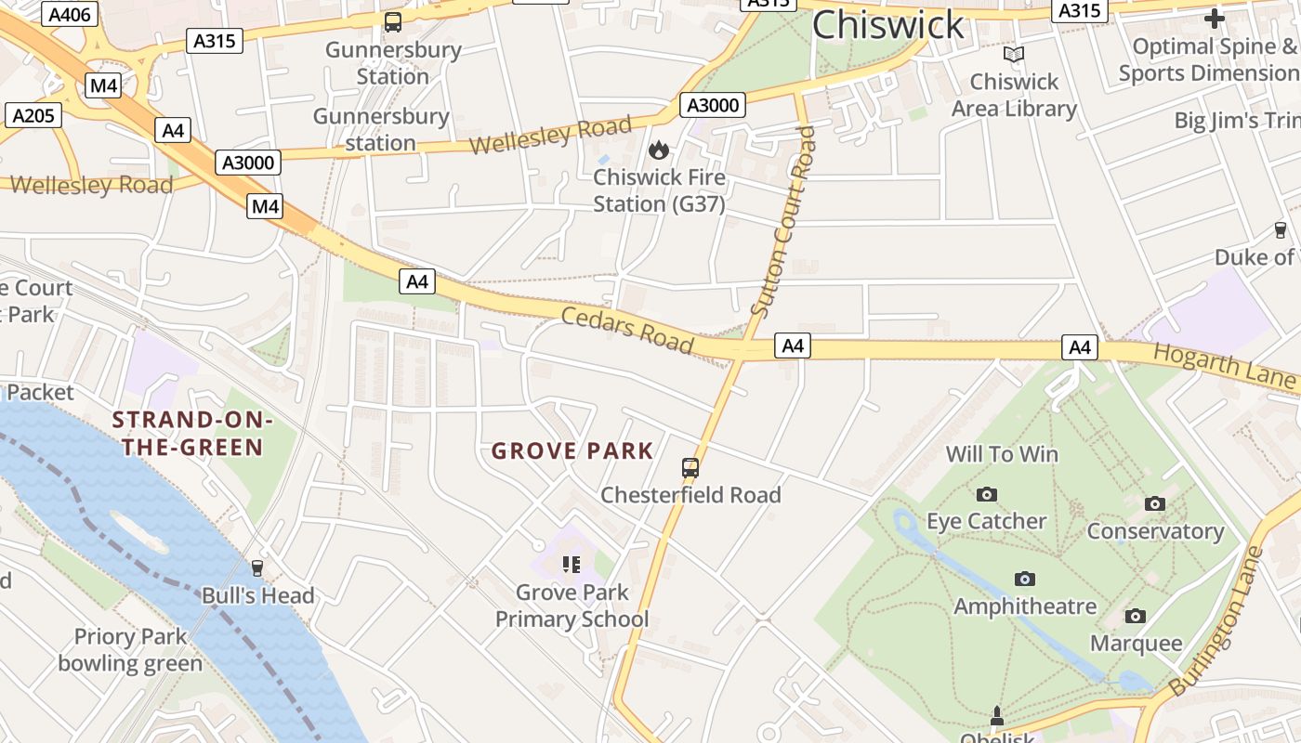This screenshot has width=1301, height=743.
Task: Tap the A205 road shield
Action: pos(33,115)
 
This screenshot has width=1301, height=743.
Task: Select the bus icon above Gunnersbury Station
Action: pos(393,22)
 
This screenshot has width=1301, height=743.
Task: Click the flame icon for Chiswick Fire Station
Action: pos(659,150)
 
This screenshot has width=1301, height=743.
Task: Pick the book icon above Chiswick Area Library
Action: pos(1013,55)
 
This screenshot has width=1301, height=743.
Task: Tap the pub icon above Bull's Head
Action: pos(257,567)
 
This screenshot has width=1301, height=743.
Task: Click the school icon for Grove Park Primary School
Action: pos(571,564)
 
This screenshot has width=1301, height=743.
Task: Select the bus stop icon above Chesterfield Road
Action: pos(690,467)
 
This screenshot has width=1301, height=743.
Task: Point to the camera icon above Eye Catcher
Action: pos(986,494)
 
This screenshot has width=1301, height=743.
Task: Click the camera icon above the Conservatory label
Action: pos(1155,503)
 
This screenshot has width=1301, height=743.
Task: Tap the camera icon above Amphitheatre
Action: pos(1025,579)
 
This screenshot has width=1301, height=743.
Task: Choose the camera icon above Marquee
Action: pos(1135,616)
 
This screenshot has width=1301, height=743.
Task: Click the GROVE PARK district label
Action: pos(572,451)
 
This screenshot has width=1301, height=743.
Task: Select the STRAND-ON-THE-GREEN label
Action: pos(192,434)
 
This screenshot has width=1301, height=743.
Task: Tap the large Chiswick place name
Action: pos(888,25)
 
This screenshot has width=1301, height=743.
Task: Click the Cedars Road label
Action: pos(627,331)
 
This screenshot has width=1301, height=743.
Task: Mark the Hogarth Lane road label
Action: pos(1224,365)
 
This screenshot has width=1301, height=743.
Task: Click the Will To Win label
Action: pos(1002,454)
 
